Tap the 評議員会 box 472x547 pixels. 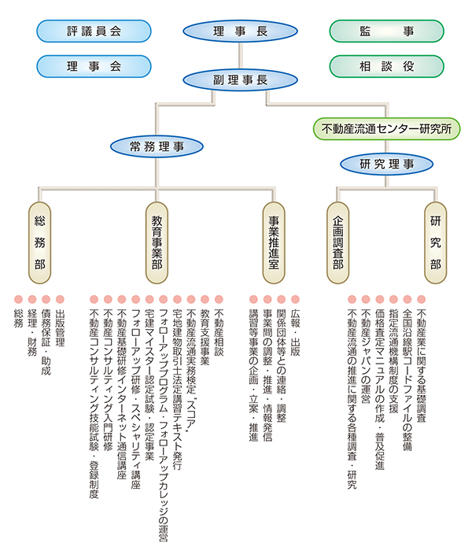(x=93, y=31)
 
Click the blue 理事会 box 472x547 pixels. (x=93, y=66)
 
